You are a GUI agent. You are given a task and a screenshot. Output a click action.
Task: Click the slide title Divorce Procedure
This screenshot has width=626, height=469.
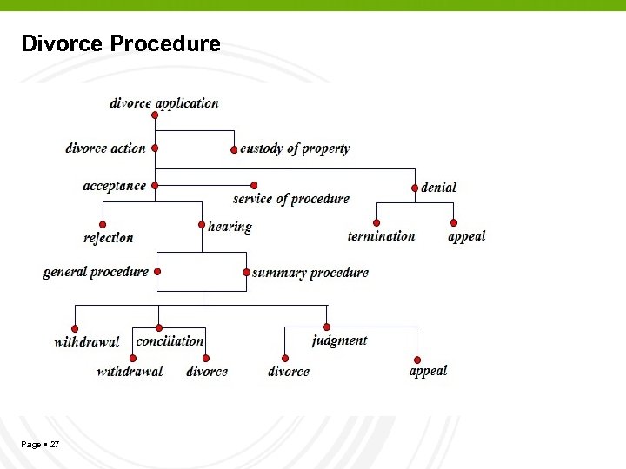tap(121, 43)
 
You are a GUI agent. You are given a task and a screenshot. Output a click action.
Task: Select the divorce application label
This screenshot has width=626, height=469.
tap(164, 102)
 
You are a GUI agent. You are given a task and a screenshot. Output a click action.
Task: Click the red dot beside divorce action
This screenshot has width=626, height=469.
tap(155, 149)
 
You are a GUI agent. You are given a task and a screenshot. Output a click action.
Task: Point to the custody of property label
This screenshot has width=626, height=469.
tap(295, 149)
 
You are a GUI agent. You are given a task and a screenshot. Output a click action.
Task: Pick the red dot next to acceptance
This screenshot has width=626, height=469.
tap(155, 186)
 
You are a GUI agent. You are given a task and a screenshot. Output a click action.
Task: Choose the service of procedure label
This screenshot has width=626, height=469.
tap(291, 198)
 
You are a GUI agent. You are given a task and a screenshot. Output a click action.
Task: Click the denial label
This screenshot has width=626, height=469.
tap(438, 187)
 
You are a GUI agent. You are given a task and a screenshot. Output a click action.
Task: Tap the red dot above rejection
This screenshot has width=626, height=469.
tap(103, 224)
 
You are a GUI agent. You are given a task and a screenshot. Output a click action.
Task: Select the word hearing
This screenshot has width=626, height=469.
tap(230, 227)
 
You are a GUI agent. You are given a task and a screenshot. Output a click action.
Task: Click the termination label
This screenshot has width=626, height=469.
tap(381, 235)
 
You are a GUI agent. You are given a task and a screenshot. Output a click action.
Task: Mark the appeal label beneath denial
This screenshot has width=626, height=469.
tap(467, 235)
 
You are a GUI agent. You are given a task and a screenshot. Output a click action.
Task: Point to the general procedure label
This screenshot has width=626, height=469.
tap(96, 272)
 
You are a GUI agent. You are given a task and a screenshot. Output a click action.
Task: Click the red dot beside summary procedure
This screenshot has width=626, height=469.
tap(246, 273)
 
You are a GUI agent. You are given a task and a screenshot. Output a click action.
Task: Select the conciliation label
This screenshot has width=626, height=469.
tap(170, 340)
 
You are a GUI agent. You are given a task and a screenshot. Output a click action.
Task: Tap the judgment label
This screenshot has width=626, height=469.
tap(339, 340)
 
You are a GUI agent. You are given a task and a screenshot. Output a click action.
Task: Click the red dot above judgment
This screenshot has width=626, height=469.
tap(327, 327)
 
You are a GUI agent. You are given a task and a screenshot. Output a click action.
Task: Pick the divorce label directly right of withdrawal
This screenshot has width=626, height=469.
tap(207, 372)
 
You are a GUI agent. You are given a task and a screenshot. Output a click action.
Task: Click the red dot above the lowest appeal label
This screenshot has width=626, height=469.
tap(417, 360)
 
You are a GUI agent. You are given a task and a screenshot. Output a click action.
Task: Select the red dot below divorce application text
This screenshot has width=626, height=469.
tap(155, 115)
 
